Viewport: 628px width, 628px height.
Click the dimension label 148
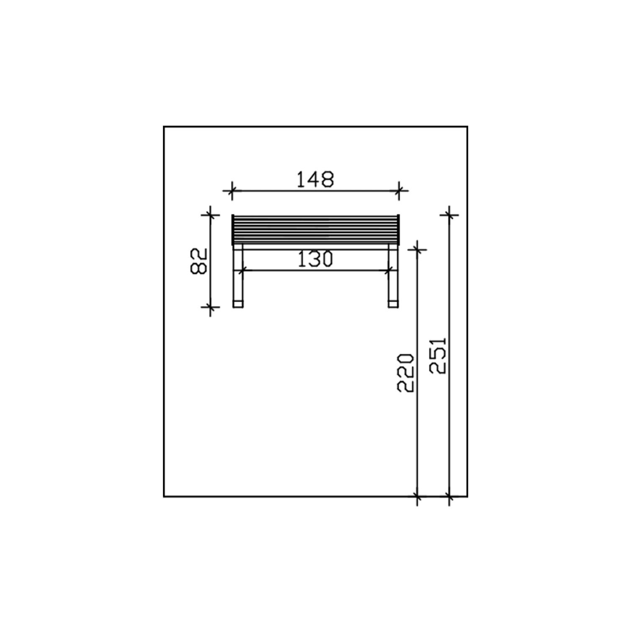[x=315, y=179]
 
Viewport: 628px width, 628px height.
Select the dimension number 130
[x=315, y=259]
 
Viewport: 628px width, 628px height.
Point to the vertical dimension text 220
[x=406, y=373]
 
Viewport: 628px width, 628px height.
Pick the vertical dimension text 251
[x=438, y=355]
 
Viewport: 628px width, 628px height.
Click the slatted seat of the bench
[x=316, y=230]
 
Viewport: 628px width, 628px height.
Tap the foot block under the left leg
[x=238, y=304]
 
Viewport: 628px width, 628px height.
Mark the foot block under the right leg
[x=393, y=304]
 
